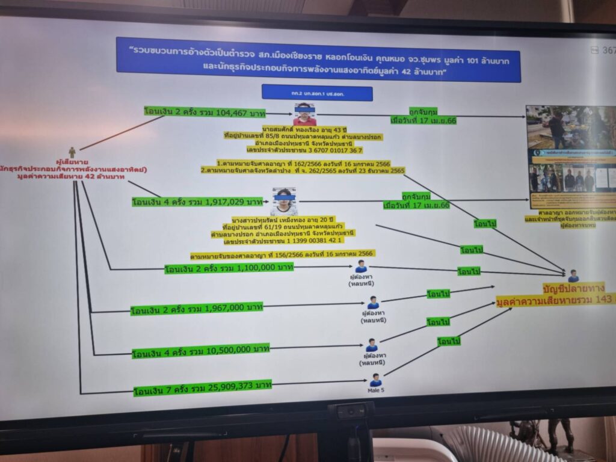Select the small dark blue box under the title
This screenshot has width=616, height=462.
click(x=317, y=93)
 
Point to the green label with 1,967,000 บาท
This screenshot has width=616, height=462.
click(x=197, y=309)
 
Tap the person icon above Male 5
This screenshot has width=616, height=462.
click(x=376, y=380)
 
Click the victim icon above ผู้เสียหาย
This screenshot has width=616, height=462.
click(x=72, y=153)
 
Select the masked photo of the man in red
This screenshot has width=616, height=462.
click(x=304, y=114)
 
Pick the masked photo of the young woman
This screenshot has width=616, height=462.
click(x=283, y=202)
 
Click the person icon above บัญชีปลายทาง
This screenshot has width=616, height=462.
click(x=573, y=276)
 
